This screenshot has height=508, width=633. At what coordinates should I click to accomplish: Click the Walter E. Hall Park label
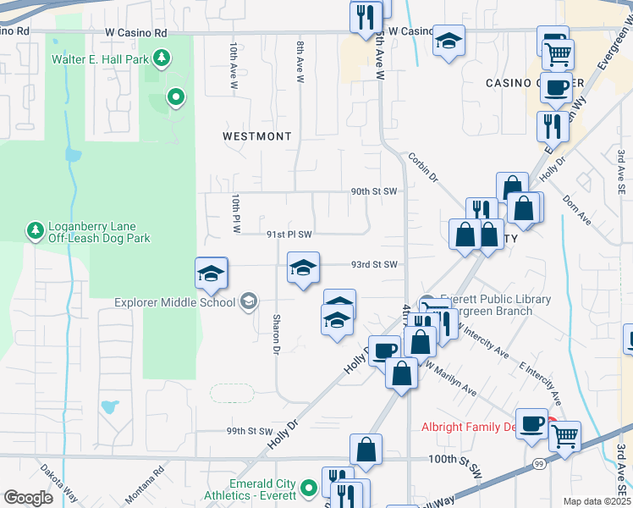(99, 59)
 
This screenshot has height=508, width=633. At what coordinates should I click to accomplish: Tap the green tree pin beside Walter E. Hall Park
(162, 58)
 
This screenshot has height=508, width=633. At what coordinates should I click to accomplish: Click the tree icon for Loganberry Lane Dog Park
(35, 231)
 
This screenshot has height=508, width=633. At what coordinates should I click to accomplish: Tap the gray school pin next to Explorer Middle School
(249, 301)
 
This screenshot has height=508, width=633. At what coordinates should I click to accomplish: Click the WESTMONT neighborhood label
(257, 136)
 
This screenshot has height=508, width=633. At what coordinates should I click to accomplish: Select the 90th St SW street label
(373, 192)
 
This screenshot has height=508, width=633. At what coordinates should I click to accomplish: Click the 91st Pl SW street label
(289, 235)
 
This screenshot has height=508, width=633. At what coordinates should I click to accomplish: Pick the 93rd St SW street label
(375, 265)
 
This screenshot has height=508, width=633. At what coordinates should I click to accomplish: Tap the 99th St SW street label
(250, 431)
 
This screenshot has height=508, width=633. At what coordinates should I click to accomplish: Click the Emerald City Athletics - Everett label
(250, 489)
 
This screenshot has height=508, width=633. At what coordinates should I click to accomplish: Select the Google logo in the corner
(28, 498)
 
